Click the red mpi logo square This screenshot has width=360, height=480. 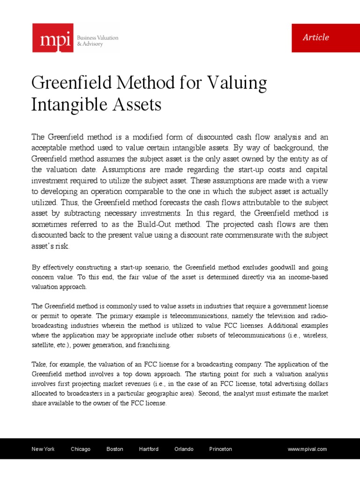tap(52, 37)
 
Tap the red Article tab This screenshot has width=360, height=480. tap(316, 37)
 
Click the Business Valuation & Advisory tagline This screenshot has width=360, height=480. tap(98, 41)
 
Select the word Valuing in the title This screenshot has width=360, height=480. tap(237, 83)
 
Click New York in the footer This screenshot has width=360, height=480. tap(43, 449)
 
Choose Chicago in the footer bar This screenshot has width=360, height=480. tap(81, 449)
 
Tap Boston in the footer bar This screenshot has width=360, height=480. tap(115, 449)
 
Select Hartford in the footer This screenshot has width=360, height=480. tap(149, 449)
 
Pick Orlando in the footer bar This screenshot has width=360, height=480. tap(184, 449)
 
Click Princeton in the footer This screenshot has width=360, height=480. tap(220, 449)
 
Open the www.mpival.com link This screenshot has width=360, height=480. tap(307, 449)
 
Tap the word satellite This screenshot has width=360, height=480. tap(41, 345)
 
